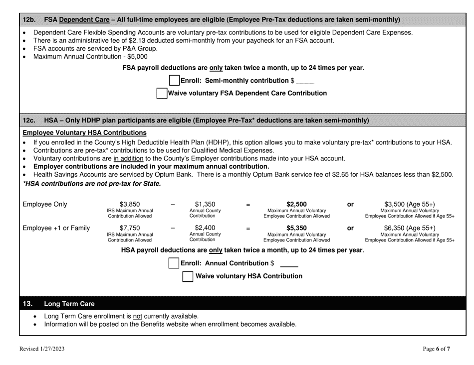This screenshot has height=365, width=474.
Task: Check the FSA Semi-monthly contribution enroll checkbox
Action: (174, 80)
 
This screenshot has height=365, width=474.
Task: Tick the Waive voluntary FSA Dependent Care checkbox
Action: (162, 93)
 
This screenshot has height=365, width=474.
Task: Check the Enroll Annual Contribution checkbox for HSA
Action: (174, 263)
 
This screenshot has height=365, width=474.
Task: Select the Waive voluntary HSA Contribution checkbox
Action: (188, 276)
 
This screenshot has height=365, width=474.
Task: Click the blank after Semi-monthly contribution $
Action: (305, 81)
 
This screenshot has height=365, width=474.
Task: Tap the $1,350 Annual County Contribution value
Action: (205, 204)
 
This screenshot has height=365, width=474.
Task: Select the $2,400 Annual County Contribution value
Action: (205, 228)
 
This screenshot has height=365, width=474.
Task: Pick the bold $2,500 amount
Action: (297, 204)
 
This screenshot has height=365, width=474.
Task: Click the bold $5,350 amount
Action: (297, 228)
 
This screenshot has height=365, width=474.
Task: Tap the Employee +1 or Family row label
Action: (56, 228)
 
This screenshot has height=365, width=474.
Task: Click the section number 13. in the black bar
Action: (28, 303)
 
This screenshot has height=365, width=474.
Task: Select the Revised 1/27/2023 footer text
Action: (42, 349)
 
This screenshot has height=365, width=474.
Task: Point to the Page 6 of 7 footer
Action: (436, 349)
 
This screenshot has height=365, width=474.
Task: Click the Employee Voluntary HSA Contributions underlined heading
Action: (85, 133)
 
